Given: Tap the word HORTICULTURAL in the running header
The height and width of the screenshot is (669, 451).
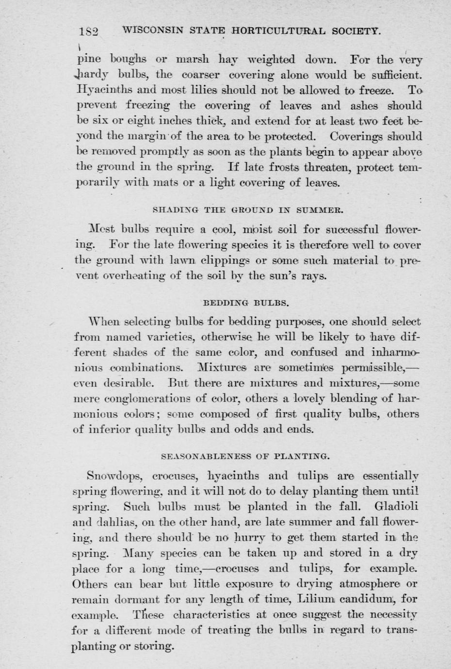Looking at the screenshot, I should click(281, 31).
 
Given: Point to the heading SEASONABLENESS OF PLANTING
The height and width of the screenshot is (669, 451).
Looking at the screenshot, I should click(245, 456).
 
